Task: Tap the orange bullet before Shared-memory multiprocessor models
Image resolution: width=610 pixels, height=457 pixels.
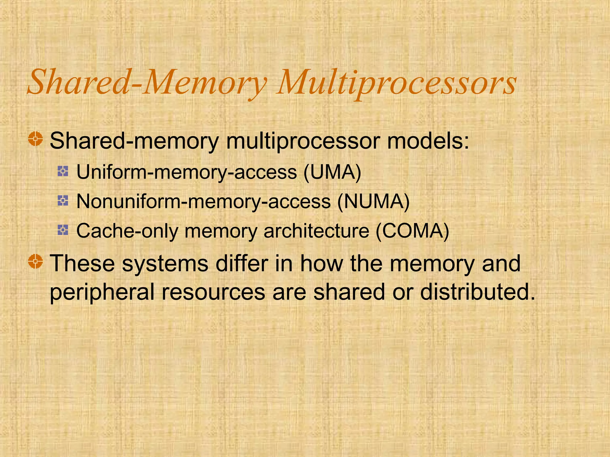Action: tap(36, 139)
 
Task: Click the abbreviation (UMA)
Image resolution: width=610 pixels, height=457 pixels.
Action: tap(332, 172)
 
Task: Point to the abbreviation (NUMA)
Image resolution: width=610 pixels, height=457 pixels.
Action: tap(374, 201)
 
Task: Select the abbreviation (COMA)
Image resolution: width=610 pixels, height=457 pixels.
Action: tap(412, 231)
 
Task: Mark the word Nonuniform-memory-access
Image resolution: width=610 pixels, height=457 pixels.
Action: tap(203, 201)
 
